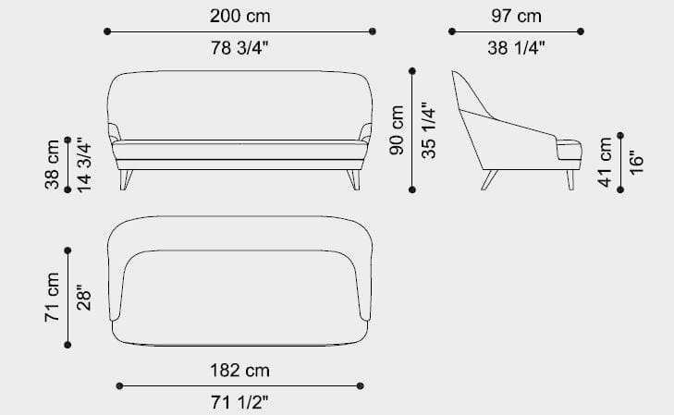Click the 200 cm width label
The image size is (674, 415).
[x=239, y=17]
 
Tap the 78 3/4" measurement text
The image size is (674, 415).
[x=239, y=48]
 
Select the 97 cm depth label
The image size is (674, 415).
[x=516, y=17]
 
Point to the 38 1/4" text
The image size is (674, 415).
[x=516, y=48]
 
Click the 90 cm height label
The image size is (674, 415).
[x=397, y=129]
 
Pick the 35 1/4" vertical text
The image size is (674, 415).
[x=429, y=130]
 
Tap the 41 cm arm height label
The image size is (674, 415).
[x=605, y=162]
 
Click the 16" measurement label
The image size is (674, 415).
[x=637, y=162]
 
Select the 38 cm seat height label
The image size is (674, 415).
[x=52, y=165]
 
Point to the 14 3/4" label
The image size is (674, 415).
[x=84, y=165]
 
